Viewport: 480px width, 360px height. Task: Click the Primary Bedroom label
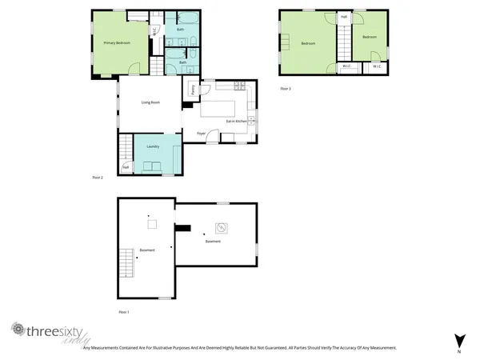tap(117, 42)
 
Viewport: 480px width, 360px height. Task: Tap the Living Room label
tap(152, 102)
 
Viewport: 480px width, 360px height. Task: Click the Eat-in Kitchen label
tap(234, 121)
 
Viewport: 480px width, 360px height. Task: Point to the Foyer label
tap(202, 134)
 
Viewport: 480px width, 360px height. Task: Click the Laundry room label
tap(153, 146)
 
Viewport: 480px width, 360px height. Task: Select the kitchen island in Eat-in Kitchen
tap(221, 106)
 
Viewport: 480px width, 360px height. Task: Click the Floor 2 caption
tap(98, 178)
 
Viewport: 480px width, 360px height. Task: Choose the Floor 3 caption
tap(285, 88)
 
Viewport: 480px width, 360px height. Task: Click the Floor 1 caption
tap(123, 310)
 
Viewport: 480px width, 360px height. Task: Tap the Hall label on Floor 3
tap(344, 17)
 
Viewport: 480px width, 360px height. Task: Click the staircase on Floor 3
tap(344, 40)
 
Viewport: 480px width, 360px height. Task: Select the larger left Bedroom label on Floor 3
tap(308, 43)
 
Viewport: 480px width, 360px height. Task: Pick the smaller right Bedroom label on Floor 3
tap(369, 37)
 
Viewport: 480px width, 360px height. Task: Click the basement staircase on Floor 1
tap(127, 262)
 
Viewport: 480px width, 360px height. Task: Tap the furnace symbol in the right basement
tap(221, 227)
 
